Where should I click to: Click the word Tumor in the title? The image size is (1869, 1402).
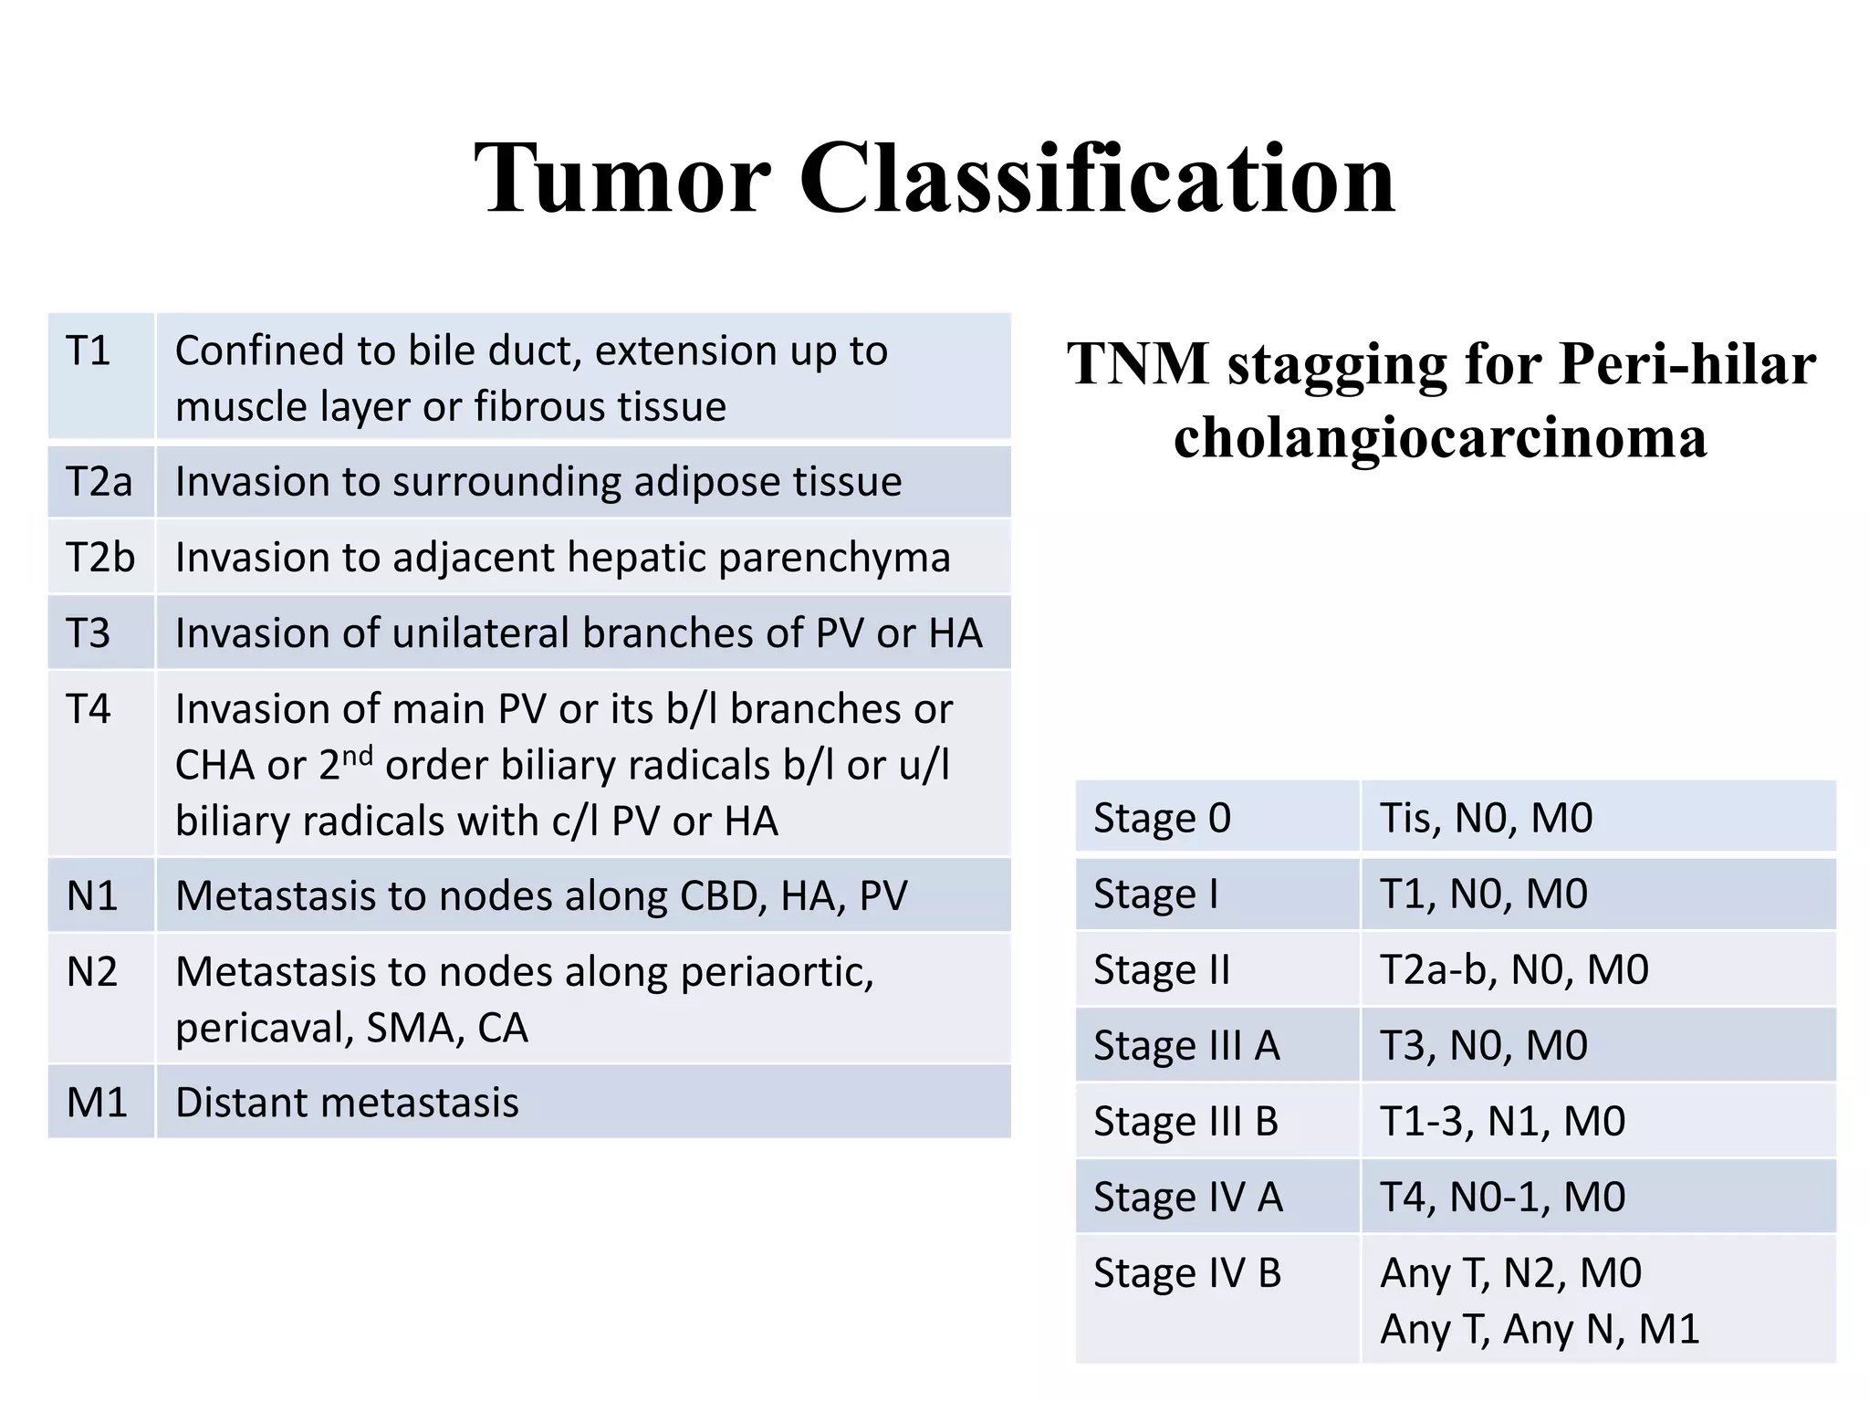point(622,179)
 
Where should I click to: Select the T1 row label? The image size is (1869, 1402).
point(89,351)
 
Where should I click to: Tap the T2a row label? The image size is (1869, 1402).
point(99,482)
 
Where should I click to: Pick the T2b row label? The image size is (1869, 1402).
point(100,558)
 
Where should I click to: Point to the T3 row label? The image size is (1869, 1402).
point(89,633)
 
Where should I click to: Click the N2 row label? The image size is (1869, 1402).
point(92,972)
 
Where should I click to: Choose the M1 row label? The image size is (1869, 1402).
point(97,1104)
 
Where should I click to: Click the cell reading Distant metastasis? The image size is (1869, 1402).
point(347,1104)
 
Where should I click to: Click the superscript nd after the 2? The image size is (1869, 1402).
point(358,756)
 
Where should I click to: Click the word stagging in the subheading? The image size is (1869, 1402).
point(1339,364)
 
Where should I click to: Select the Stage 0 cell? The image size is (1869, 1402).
point(1162,818)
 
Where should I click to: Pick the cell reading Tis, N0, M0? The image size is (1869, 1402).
point(1486,818)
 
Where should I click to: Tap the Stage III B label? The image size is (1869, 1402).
point(1185,1122)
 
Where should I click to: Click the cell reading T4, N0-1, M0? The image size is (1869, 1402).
point(1502,1198)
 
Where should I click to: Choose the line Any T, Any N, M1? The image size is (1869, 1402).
point(1540,1330)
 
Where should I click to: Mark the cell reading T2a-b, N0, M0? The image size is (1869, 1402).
point(1514,970)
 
